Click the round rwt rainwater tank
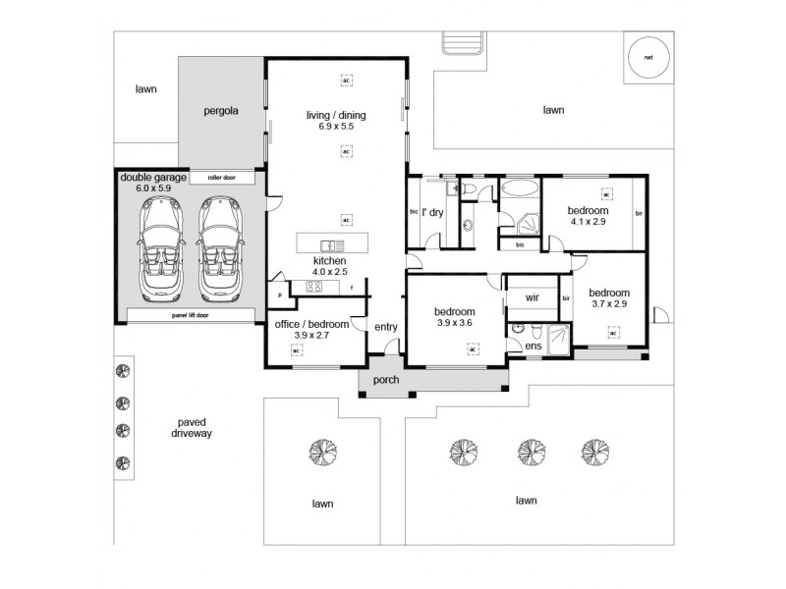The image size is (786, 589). point(649,57)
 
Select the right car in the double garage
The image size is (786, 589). point(219,246)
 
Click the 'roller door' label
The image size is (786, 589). point(221,179)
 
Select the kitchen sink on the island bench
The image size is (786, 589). point(329,244)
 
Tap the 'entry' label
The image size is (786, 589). point(385,326)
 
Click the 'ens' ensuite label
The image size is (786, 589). point(533,347)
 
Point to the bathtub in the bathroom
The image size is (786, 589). point(519,187)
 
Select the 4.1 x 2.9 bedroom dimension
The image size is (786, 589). point(588,223)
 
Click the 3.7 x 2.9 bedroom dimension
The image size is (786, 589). point(609,304)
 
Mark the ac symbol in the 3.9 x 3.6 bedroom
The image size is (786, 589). point(473,348)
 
